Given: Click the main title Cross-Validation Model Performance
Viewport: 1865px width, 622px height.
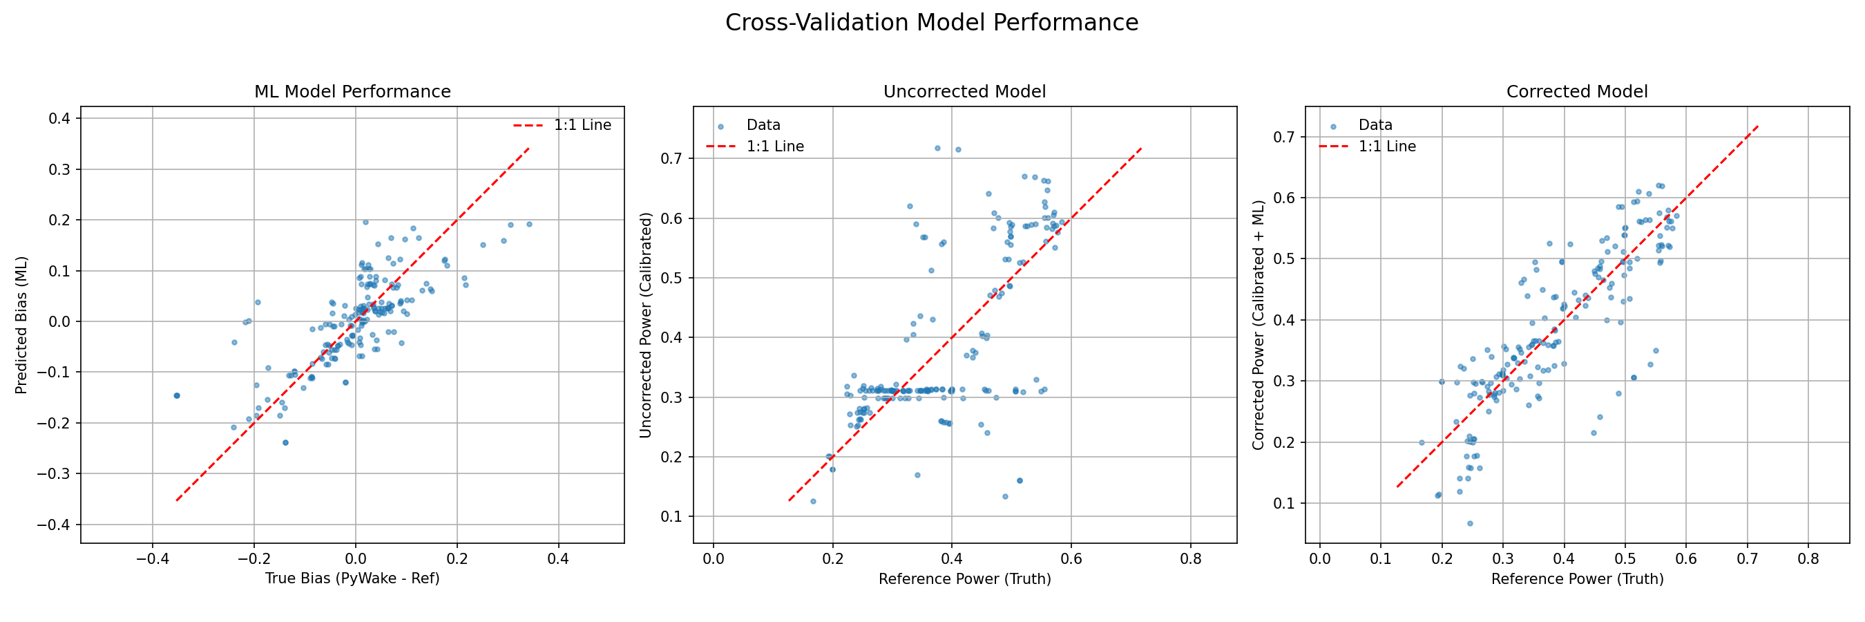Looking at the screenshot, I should pos(932,22).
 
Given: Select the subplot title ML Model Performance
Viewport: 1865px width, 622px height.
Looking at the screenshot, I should pos(352,92).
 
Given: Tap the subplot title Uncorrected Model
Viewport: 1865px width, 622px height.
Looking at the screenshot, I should pos(964,92).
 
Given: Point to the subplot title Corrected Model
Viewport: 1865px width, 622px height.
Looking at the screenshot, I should pos(1577,92).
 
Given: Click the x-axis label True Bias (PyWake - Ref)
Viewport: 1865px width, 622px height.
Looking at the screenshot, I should pos(352,578).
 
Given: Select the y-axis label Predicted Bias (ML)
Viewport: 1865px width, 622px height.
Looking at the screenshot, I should pos(21,325).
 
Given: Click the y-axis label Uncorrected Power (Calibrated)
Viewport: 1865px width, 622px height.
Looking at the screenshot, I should pos(645,325).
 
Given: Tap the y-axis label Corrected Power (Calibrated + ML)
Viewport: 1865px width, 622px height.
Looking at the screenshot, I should pos(1258,325).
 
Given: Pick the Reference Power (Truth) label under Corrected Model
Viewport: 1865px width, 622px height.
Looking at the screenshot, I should pos(1577,578).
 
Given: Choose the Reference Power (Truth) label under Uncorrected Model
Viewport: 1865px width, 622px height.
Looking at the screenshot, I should pos(964,578).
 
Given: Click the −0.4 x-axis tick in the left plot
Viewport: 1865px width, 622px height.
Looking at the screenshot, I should pos(152,559).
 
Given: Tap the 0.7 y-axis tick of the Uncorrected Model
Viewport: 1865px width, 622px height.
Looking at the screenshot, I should pos(671,158).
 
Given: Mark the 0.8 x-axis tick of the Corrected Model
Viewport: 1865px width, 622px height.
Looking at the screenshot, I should pos(1808,559).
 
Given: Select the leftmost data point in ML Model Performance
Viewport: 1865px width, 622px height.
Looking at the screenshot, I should pos(176,395).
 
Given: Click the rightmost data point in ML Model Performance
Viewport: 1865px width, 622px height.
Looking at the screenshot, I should pos(529,225).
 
